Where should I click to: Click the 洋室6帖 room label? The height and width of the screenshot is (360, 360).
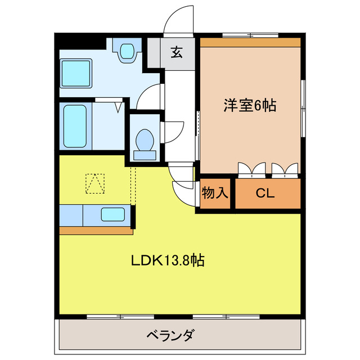point(250,105)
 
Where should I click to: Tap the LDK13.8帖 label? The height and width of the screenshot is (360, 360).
point(168,260)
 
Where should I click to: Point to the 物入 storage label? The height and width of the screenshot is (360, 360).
point(215,193)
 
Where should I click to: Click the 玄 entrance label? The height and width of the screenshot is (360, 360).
point(176,53)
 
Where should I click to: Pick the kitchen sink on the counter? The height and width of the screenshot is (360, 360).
point(113,214)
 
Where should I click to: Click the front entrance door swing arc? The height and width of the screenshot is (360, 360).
point(178,21)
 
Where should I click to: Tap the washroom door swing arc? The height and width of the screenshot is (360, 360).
point(147,96)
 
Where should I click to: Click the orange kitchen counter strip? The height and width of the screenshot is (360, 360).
point(96,231)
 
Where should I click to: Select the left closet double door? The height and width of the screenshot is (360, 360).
point(251,169)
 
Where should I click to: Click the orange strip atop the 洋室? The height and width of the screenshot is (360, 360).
point(250,42)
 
